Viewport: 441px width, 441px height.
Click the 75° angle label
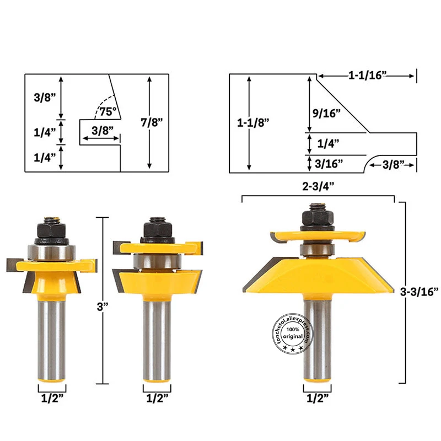point(108,112)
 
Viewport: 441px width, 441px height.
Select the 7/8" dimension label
point(152,122)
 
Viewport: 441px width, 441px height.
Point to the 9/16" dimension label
point(326,113)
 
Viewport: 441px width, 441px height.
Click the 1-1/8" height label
point(253,122)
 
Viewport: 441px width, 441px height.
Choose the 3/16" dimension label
point(329,164)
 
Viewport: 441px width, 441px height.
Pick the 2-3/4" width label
point(318,186)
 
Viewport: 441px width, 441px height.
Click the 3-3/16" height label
point(420,292)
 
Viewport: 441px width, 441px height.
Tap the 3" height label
point(103,306)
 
